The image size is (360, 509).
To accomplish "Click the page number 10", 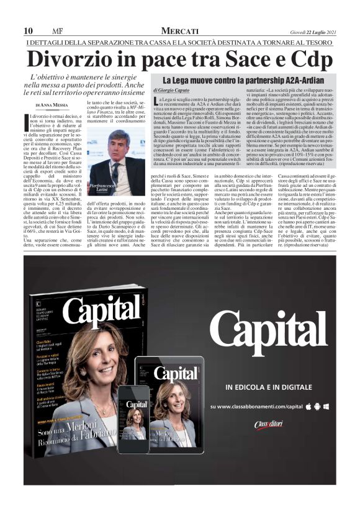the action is pyautogui.click(x=28, y=31).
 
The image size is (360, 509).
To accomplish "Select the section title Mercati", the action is pyautogui.click(x=179, y=31).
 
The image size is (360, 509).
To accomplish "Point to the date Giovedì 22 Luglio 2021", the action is pyautogui.click(x=313, y=32).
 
